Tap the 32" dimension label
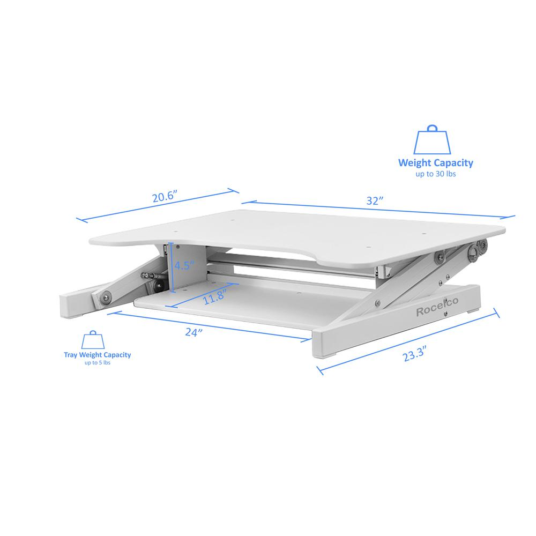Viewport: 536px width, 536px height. coord(374,201)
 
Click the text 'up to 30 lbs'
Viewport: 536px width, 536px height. coord(435,174)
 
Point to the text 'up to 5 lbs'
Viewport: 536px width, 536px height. coord(97,363)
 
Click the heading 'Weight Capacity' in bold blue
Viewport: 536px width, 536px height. coord(435,163)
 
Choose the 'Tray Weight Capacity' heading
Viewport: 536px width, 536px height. coord(97,354)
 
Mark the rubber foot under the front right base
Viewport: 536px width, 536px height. coord(329,355)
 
